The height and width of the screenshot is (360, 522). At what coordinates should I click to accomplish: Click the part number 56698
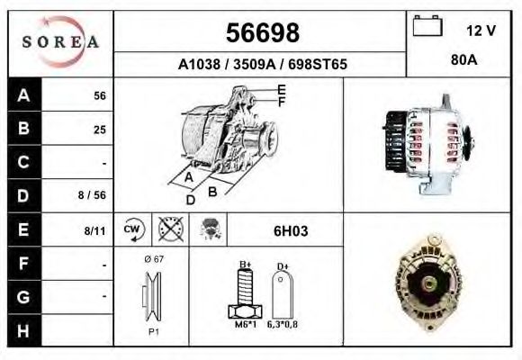point(261,33)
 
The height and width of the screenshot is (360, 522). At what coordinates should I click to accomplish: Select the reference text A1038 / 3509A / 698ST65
point(262,65)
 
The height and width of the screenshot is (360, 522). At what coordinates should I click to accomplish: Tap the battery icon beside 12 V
point(425,28)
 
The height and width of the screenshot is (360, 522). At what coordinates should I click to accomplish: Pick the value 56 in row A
point(99,96)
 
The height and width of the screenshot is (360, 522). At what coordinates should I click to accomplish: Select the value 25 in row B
point(99,129)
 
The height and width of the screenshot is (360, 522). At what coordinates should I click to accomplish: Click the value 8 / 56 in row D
point(93,195)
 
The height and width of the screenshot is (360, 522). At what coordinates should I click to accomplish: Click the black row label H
point(23,330)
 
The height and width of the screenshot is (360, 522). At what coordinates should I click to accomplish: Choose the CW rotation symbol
point(133,229)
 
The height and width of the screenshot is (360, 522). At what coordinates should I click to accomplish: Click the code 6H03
point(290,231)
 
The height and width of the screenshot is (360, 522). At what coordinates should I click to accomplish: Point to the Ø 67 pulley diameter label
point(152,259)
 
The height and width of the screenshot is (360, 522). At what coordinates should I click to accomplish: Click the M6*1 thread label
point(244,325)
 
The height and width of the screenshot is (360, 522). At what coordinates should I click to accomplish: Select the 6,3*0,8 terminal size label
point(282,325)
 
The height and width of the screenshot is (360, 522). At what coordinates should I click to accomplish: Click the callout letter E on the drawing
point(281,90)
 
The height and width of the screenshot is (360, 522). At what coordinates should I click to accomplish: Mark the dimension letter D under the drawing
point(190,200)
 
